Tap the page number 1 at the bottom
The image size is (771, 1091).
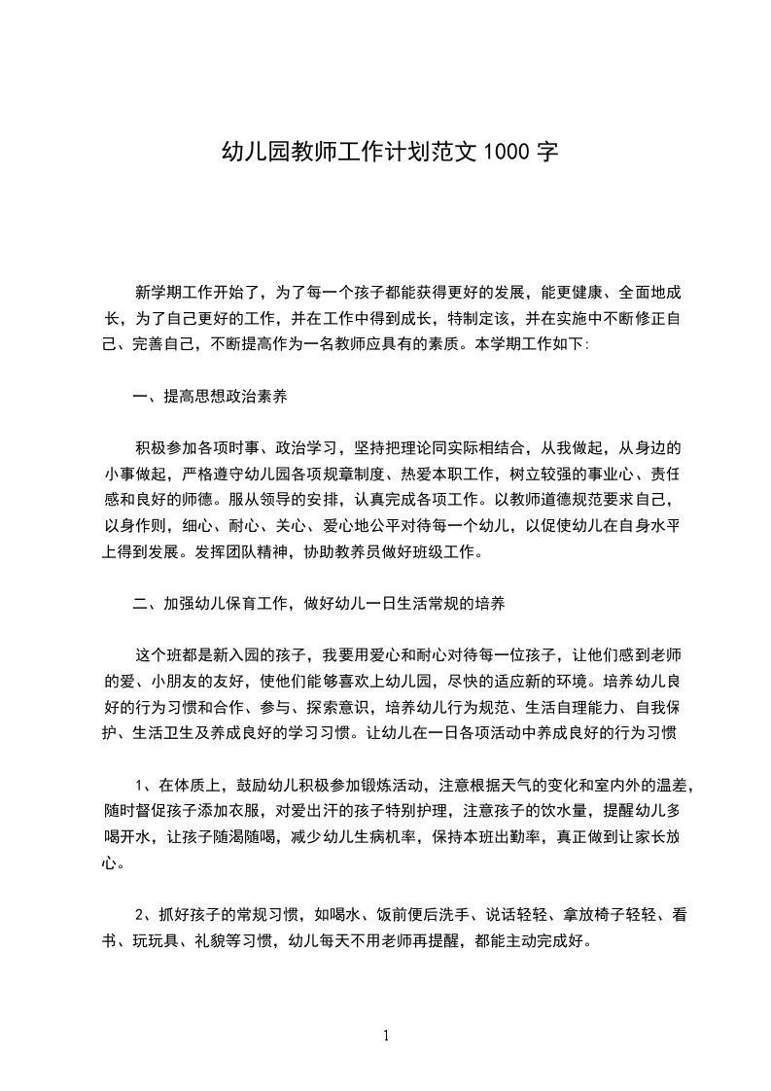pos(386,1036)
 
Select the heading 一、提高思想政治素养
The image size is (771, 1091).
pos(209,396)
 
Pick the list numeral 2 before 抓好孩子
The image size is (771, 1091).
pos(140,914)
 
